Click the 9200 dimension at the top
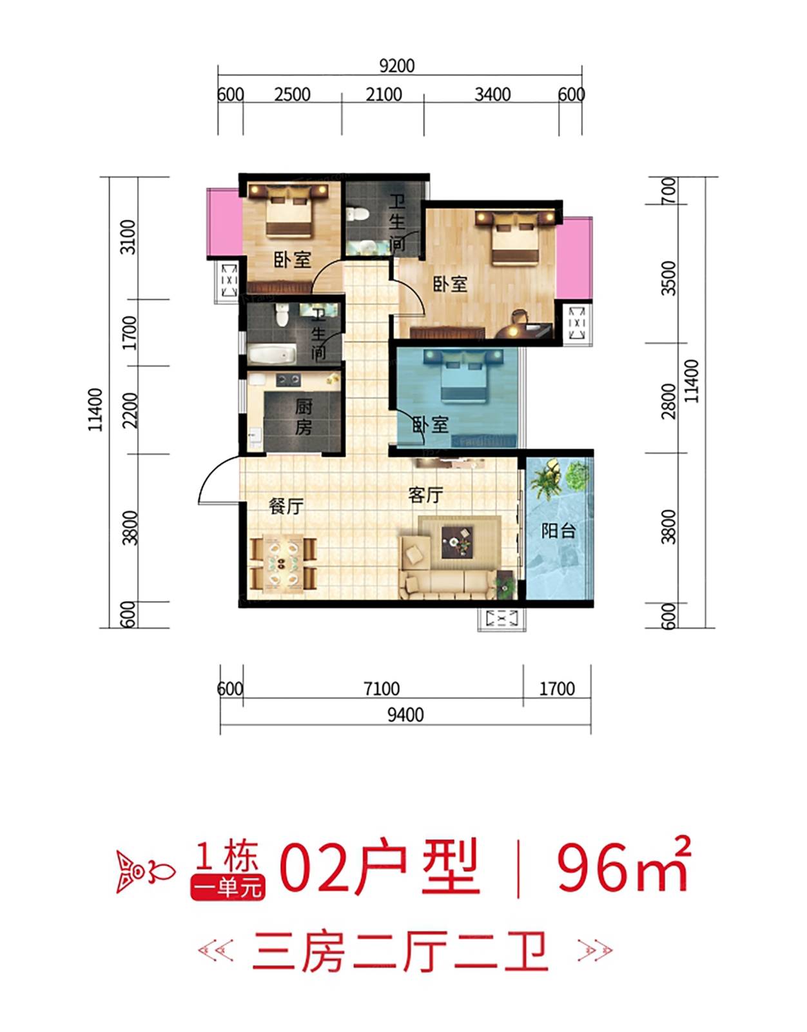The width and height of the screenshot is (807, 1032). click(396, 66)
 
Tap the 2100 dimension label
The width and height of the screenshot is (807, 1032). click(384, 95)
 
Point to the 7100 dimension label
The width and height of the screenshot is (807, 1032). click(382, 688)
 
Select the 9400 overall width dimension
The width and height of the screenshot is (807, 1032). click(405, 714)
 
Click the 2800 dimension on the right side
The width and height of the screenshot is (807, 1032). click(669, 401)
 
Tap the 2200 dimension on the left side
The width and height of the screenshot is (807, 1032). click(130, 410)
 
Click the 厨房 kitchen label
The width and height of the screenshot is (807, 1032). click(303, 417)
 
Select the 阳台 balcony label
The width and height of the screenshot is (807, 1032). click(558, 530)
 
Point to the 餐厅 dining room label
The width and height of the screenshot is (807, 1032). click(286, 507)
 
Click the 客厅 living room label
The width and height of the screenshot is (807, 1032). click(425, 495)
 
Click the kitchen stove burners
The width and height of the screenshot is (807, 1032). click(288, 379)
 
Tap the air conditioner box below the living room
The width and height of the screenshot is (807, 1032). click(501, 619)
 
